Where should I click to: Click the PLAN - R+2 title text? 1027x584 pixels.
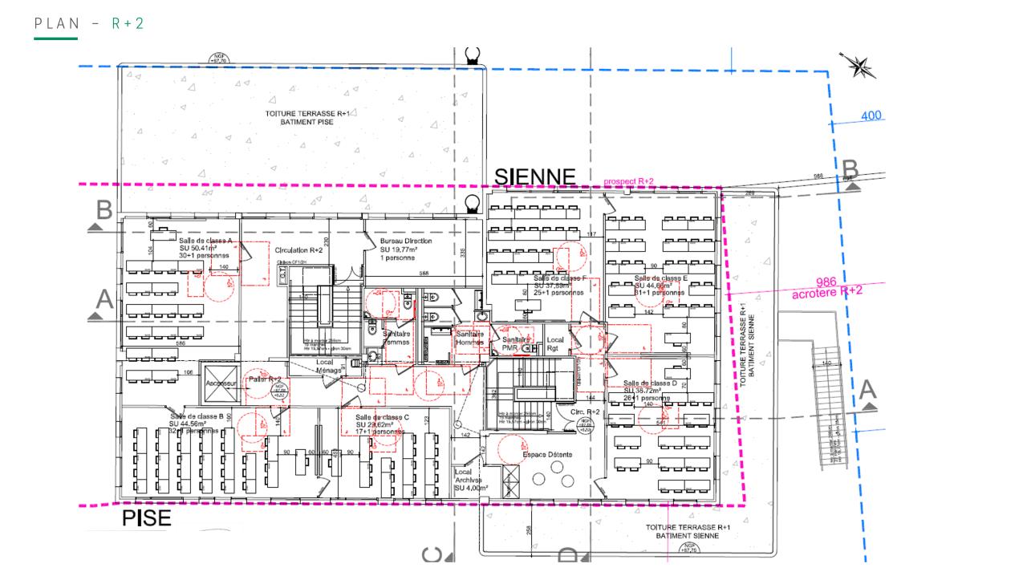pos(89,23)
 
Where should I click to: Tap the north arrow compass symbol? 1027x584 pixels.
pos(859,66)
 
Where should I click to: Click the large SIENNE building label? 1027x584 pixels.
pos(534,176)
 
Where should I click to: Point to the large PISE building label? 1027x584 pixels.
pos(147,518)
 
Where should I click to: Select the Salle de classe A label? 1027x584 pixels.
pos(205,241)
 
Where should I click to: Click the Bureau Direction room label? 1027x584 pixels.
pos(406,241)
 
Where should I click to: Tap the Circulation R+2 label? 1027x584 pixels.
pos(298,249)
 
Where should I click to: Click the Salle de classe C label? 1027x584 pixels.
pos(383,417)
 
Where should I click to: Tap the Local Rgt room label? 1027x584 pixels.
pos(555,344)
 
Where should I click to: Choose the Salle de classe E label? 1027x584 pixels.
pos(661,278)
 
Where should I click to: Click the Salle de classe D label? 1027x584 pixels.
pos(650,383)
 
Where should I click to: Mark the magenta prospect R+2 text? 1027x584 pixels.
pos(628,182)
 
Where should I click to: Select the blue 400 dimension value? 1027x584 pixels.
pos(871,116)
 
